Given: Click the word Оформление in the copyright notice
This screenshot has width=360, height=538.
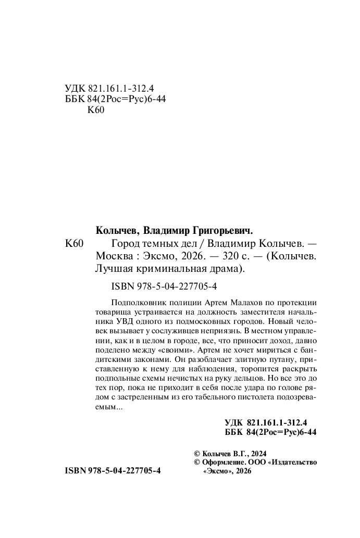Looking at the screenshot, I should [x=222, y=462].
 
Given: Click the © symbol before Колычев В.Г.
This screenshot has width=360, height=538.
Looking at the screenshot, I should [x=196, y=454].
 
